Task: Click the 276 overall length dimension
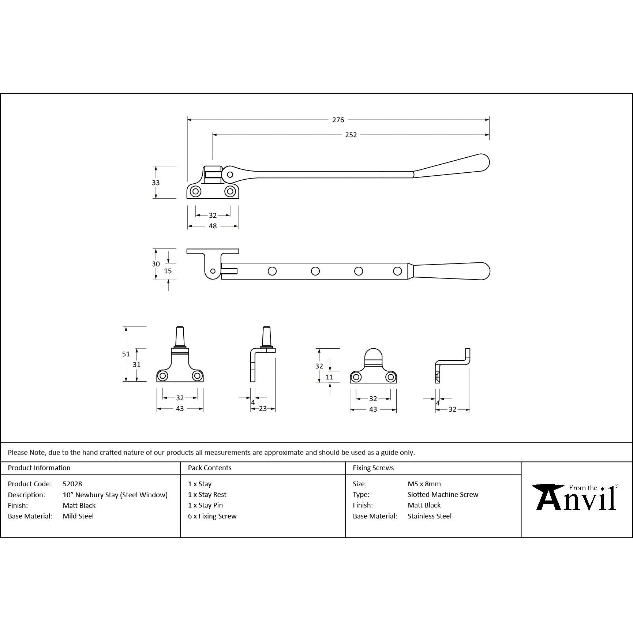[338, 120]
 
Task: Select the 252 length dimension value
[351, 135]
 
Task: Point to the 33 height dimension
[156, 183]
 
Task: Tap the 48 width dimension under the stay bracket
[213, 226]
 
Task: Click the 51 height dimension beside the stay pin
[126, 354]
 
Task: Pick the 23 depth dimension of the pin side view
[263, 409]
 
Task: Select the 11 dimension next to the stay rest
[329, 377]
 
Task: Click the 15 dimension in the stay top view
[168, 271]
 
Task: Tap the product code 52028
[72, 484]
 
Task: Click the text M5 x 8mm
[424, 484]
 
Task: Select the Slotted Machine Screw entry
[443, 494]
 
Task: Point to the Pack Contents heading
[209, 468]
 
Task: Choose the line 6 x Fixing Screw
[212, 516]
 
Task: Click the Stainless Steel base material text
[429, 516]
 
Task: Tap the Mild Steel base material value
[78, 516]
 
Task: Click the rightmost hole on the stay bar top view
[397, 271]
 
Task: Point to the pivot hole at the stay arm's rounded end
[230, 175]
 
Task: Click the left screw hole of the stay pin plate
[162, 376]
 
